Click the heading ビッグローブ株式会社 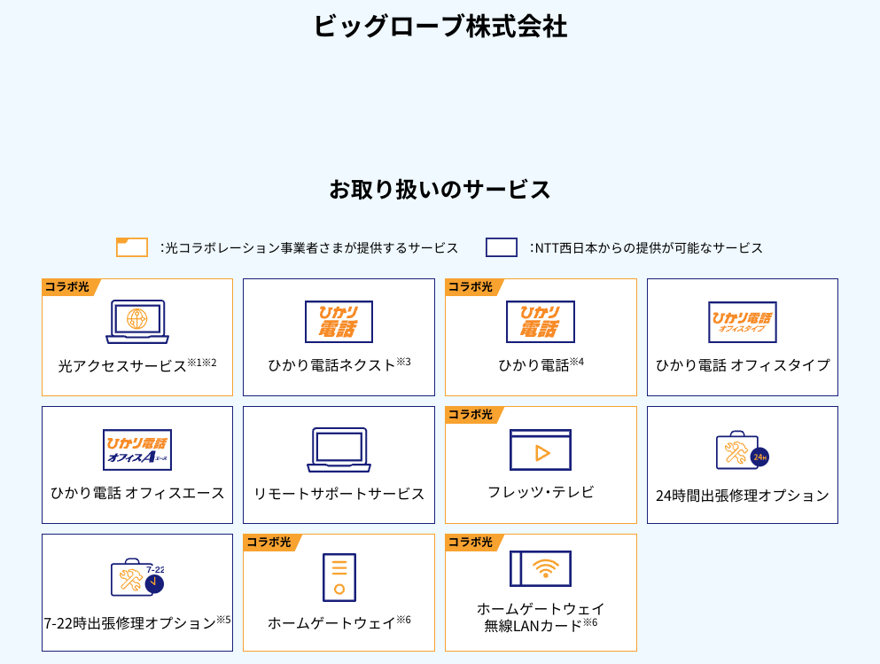click(440, 27)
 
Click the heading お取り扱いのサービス click(440, 189)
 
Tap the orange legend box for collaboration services click(132, 247)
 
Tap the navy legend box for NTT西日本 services click(502, 247)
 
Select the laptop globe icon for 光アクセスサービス click(137, 322)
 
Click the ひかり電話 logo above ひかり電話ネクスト click(339, 322)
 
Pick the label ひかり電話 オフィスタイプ click(743, 365)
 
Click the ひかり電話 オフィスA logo click(137, 449)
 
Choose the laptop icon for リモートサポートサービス click(339, 449)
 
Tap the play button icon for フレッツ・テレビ click(541, 449)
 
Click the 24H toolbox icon click(743, 450)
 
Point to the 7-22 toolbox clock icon click(137, 577)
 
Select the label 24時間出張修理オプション click(743, 496)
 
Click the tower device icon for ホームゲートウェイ click(339, 577)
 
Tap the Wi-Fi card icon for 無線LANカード click(541, 568)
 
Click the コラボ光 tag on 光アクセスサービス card click(67, 287)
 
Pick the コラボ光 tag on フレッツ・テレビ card click(471, 415)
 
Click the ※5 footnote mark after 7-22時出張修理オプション click(223, 620)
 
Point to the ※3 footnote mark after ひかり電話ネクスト click(403, 362)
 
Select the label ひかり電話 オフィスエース click(137, 494)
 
